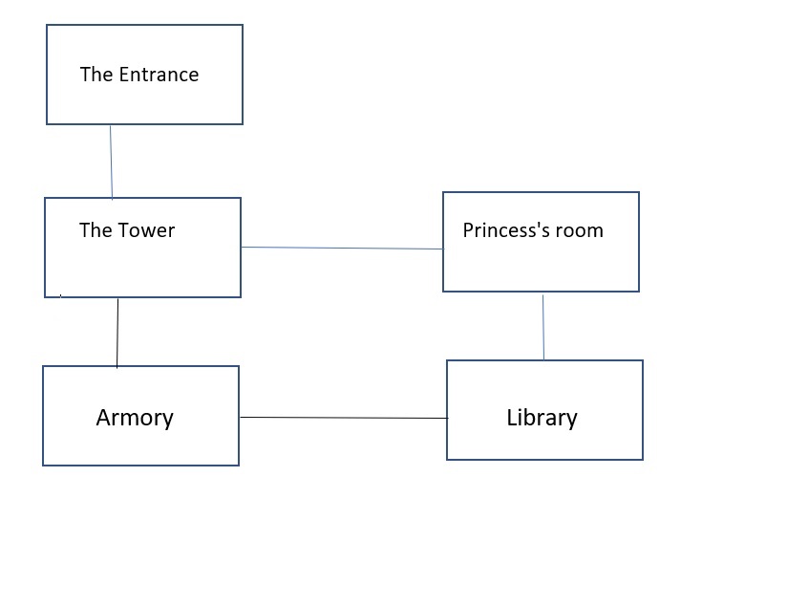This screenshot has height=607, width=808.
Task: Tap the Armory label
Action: pyautogui.click(x=135, y=418)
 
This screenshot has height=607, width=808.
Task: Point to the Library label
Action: pyautogui.click(x=542, y=418)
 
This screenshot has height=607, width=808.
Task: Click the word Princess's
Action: pyautogui.click(x=506, y=230)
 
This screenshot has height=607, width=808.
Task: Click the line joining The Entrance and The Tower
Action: pyautogui.click(x=111, y=162)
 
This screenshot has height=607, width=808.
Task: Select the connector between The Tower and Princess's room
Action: pyautogui.click(x=341, y=248)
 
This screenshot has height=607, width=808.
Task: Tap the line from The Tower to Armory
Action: pyautogui.click(x=117, y=333)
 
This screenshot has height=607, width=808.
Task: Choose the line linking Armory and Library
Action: pyautogui.click(x=343, y=418)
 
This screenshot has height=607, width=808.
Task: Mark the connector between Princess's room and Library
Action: pyautogui.click(x=543, y=327)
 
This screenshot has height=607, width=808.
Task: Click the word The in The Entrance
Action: pyautogui.click(x=96, y=75)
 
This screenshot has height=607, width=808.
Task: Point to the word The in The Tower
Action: pyautogui.click(x=96, y=230)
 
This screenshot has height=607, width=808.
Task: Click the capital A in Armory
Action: pyautogui.click(x=104, y=418)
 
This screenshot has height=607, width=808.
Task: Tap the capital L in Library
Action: pyautogui.click(x=511, y=418)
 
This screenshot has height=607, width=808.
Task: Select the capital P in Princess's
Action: pyautogui.click(x=468, y=230)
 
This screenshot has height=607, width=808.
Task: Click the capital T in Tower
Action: pyautogui.click(x=123, y=230)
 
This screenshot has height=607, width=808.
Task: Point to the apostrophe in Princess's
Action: pyautogui.click(x=539, y=225)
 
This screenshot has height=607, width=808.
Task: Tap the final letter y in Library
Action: pyautogui.click(x=571, y=421)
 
